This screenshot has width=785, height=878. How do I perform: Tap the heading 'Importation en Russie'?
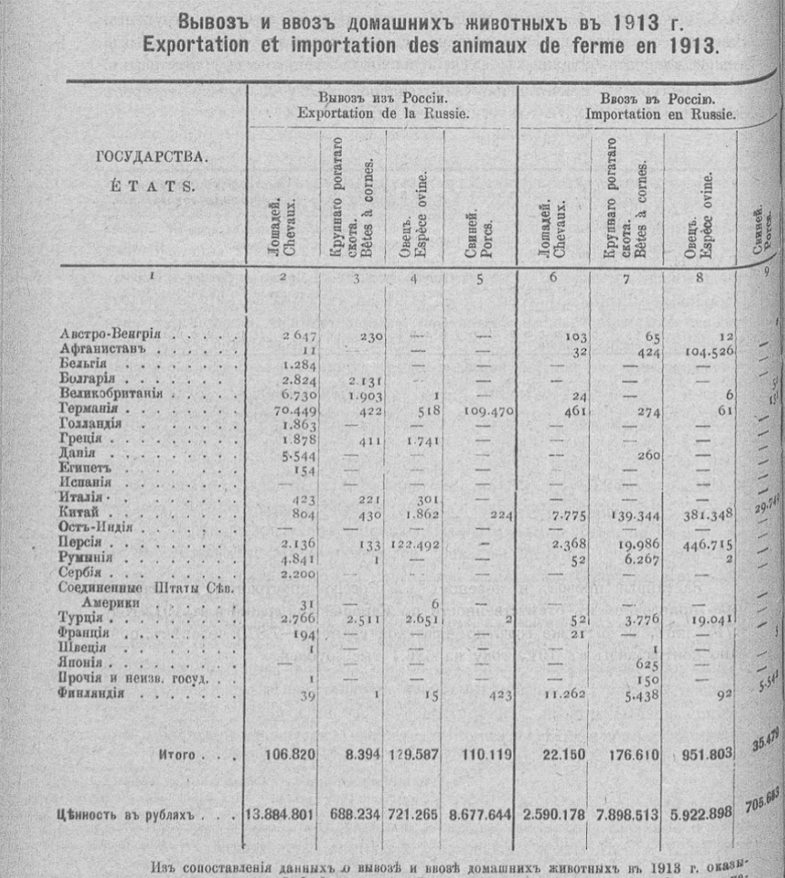tap(659, 115)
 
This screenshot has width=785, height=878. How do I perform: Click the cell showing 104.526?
tap(709, 350)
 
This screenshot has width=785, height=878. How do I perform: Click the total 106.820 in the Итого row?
tap(288, 754)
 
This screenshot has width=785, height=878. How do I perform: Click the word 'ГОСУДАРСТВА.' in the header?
tap(151, 156)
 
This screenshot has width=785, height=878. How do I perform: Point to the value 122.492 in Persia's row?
tap(413, 543)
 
